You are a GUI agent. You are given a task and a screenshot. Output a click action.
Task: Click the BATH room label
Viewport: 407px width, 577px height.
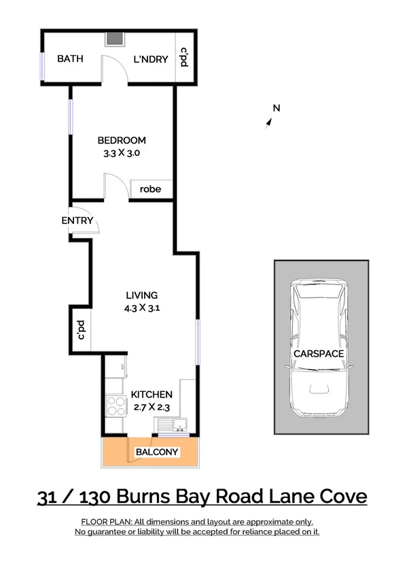coord(70,59)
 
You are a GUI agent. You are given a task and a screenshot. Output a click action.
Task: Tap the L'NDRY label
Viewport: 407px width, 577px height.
coord(150,59)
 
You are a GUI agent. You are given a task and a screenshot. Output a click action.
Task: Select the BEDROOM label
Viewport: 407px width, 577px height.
coord(121,141)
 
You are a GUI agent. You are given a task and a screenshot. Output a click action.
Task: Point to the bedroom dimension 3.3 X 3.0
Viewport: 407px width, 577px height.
coord(121,153)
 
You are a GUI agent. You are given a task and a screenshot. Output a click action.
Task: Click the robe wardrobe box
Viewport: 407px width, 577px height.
coord(150,189)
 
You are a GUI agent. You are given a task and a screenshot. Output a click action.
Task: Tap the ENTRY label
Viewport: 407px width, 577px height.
coord(77,220)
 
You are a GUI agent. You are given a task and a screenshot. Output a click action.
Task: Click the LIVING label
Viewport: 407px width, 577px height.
coord(141,295)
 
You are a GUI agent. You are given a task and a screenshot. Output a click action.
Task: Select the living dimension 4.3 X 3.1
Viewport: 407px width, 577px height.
coord(141,308)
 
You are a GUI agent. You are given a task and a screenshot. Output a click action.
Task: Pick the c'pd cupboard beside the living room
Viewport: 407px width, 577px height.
coord(80,330)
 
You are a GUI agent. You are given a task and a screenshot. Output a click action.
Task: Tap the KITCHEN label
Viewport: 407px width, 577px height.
coord(152,395)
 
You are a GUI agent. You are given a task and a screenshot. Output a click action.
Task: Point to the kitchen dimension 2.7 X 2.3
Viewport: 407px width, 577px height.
coord(152,407)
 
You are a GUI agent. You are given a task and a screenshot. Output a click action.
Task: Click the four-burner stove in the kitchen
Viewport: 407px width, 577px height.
coord(116,406)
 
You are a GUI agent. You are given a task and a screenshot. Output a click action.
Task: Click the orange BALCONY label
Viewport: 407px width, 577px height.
coord(157,452)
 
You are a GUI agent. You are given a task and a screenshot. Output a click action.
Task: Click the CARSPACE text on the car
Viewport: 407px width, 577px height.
coord(319,354)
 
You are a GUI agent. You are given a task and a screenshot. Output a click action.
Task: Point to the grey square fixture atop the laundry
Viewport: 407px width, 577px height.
coord(112,39)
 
